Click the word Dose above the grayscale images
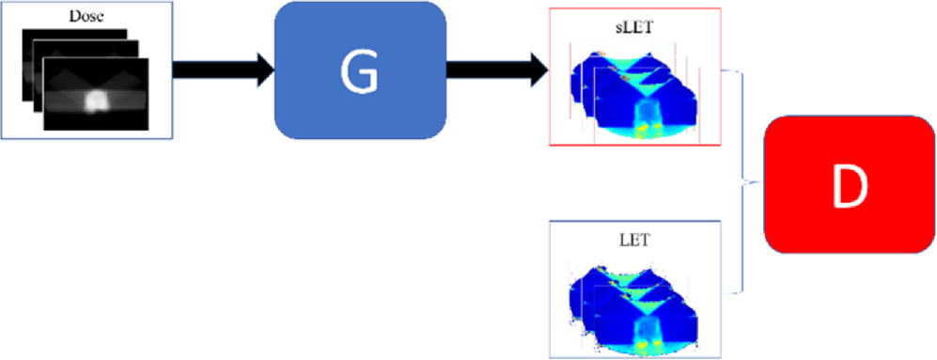tap(84, 16)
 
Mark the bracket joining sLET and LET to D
tap(744, 179)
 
